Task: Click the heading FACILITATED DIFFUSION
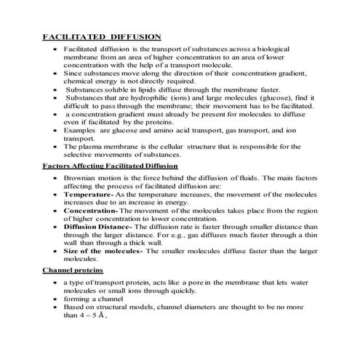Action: (x=101, y=36)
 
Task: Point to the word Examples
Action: (x=81, y=130)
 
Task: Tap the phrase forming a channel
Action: (x=95, y=298)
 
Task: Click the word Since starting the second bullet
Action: (x=74, y=73)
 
